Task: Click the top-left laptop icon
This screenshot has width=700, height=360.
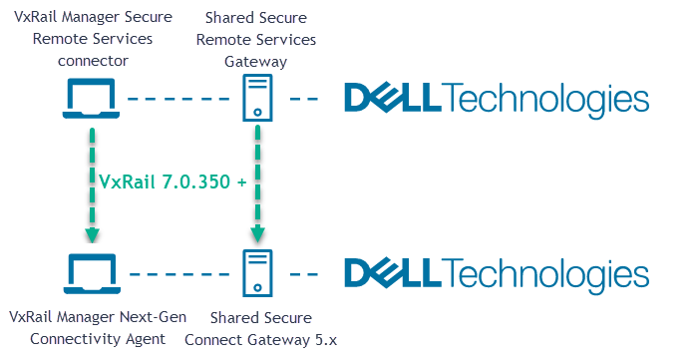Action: [90, 99]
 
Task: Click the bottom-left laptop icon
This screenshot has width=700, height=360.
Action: [90, 271]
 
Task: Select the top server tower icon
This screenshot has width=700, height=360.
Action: [257, 99]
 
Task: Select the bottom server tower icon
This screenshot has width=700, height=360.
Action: [257, 271]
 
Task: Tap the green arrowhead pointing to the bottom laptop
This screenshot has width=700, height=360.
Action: [91, 235]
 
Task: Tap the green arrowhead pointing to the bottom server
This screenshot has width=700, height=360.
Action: [257, 235]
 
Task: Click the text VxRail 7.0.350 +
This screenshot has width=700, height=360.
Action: [173, 182]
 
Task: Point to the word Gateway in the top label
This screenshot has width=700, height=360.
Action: [256, 61]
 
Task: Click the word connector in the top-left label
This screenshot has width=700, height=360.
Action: [92, 61]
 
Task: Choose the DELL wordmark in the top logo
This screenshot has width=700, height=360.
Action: [391, 99]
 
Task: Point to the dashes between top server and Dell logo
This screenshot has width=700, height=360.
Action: [305, 99]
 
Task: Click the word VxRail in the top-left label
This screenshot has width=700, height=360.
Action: [35, 17]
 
